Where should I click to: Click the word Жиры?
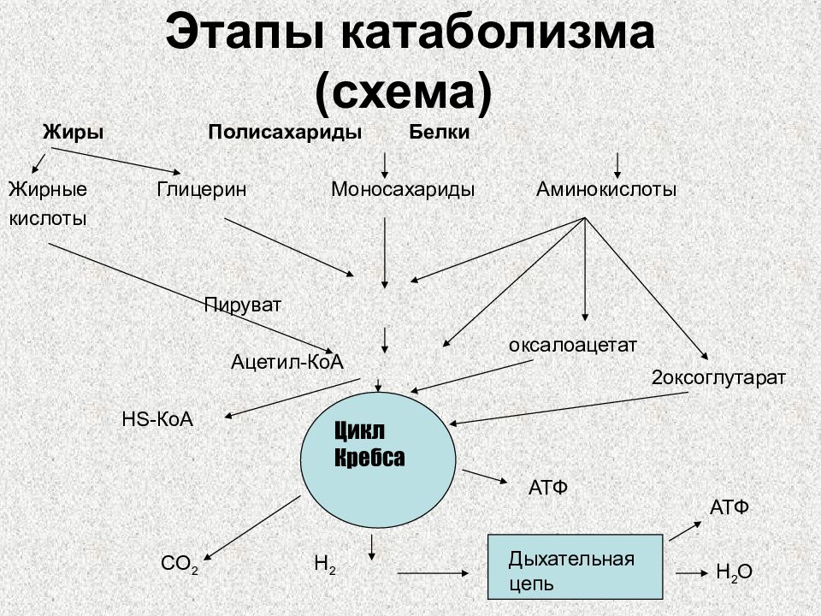(73, 132)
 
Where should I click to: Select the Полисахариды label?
(285, 132)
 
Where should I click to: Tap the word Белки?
(440, 132)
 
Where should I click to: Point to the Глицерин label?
(202, 189)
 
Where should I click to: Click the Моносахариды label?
(403, 189)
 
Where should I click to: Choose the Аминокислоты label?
(606, 189)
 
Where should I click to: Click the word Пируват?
(242, 305)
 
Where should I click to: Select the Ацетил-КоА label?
(287, 361)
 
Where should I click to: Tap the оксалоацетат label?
(573, 345)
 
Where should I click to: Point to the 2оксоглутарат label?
(718, 377)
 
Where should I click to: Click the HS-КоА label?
(157, 419)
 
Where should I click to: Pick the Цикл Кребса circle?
(378, 460)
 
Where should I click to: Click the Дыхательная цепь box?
(576, 566)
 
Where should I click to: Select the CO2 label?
(180, 564)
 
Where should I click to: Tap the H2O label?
(734, 572)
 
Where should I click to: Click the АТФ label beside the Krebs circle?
(548, 488)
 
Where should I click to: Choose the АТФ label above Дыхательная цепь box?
(729, 507)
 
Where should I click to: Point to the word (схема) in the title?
(404, 92)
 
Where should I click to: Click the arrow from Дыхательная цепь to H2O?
(692, 573)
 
